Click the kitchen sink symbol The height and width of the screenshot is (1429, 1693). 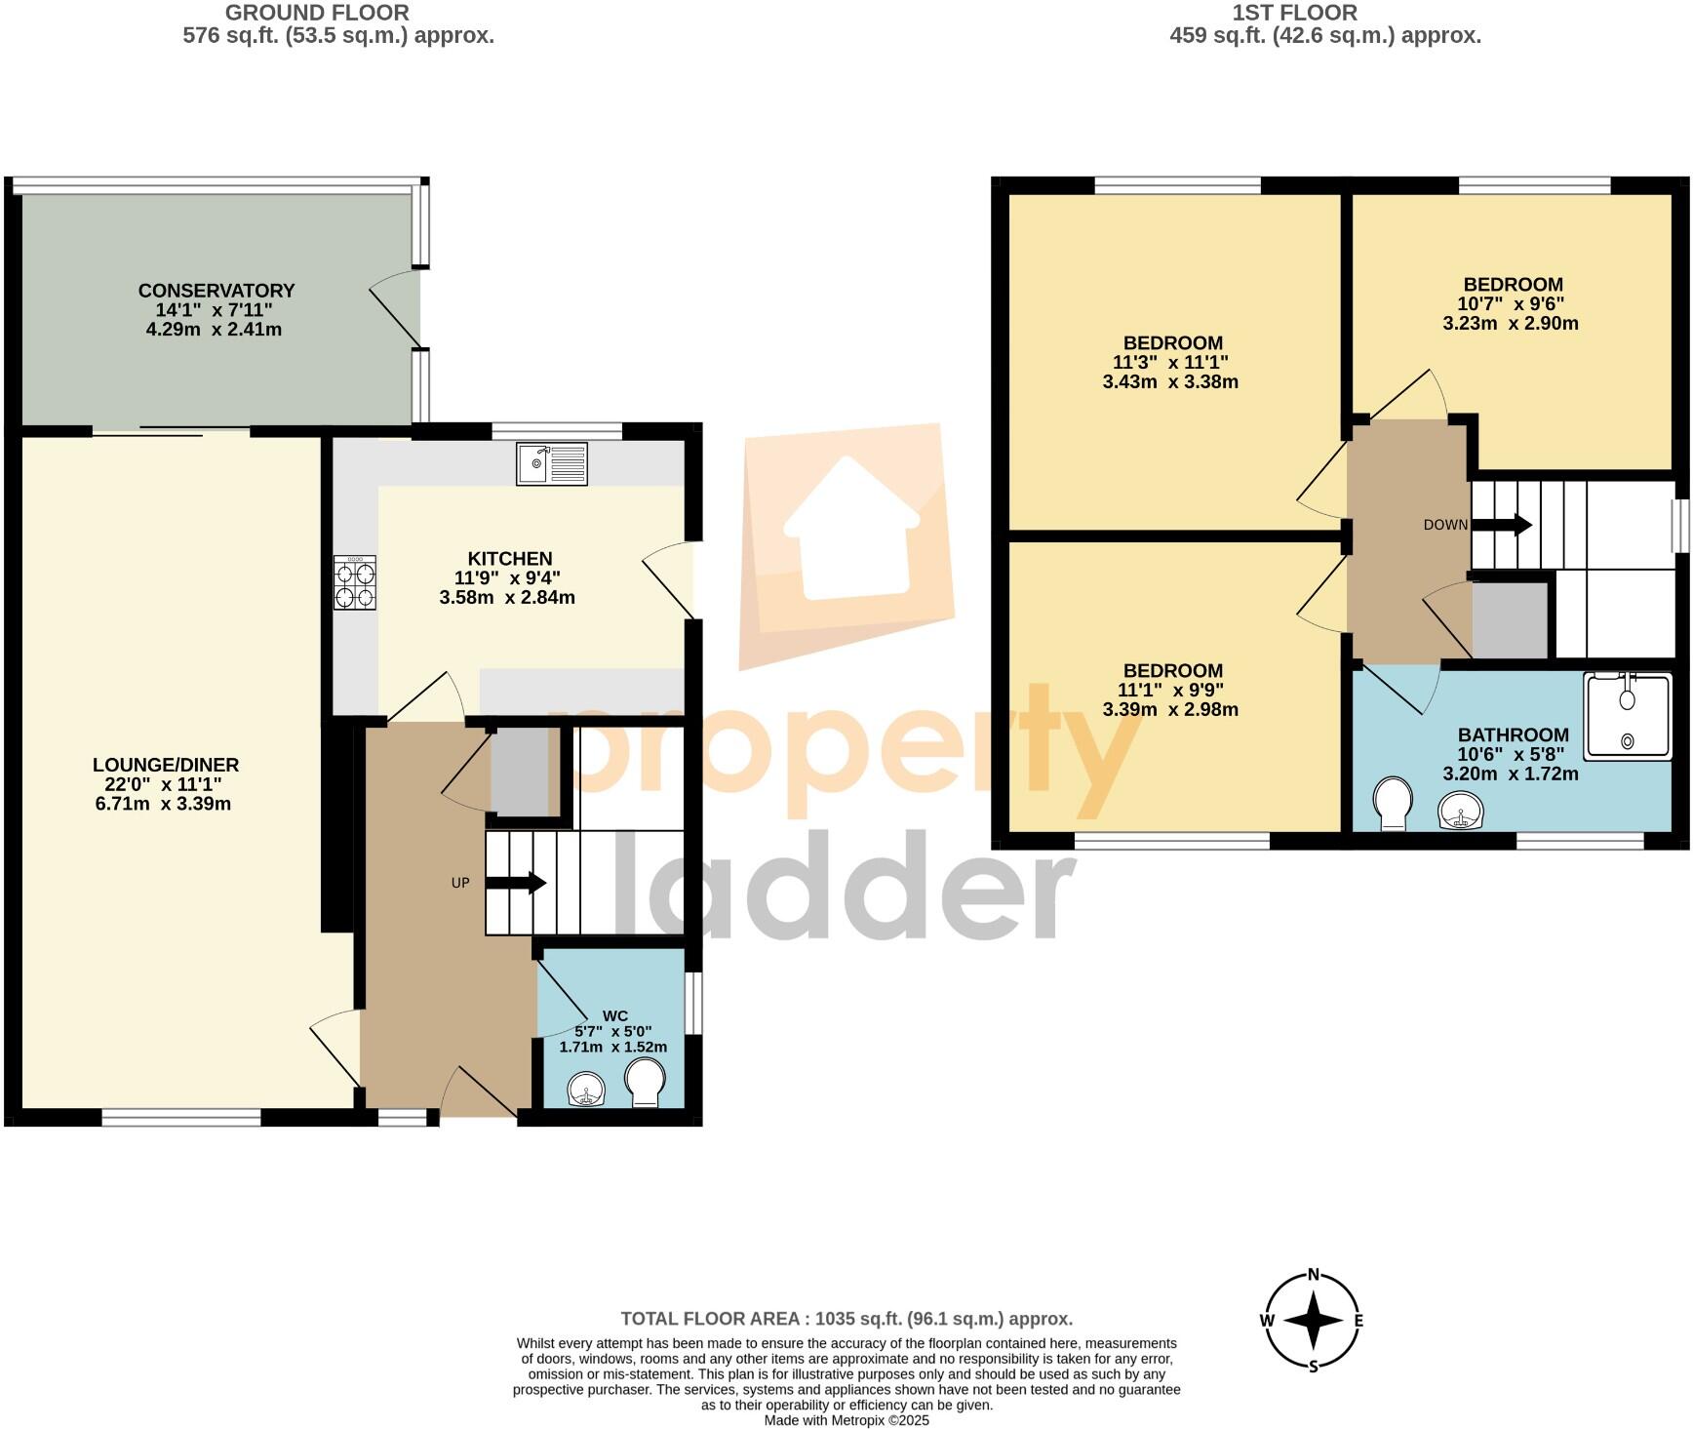point(552,463)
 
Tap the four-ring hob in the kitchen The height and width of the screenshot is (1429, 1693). point(354,583)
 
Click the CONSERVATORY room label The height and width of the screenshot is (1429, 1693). point(216,291)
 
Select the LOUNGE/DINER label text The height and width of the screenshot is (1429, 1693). point(166,765)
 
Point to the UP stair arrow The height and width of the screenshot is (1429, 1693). point(516,883)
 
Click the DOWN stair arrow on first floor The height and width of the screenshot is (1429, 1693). point(1502,525)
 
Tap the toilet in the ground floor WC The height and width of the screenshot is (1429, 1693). point(646,1084)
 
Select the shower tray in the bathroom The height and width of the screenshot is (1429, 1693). point(1628,716)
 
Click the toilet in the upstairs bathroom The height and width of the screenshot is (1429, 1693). point(1393,804)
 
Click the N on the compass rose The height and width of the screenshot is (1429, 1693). point(1313,1274)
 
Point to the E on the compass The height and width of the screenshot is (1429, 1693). point(1358,1321)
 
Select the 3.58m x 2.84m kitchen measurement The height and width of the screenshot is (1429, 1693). point(507,597)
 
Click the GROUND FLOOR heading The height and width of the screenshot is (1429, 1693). point(317,13)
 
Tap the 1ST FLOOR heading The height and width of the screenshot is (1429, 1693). point(1294,13)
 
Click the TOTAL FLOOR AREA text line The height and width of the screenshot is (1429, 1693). point(846,1319)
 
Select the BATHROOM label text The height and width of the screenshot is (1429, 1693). point(1513,734)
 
